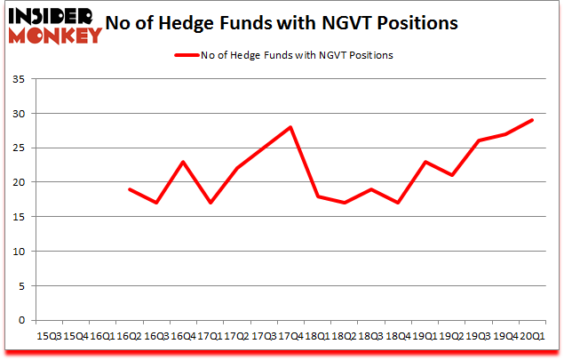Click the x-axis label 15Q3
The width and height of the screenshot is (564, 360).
pyautogui.click(x=48, y=338)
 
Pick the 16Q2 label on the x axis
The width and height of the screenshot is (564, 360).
pyautogui.click(x=130, y=338)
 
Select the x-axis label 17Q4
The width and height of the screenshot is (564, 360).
pyautogui.click(x=290, y=338)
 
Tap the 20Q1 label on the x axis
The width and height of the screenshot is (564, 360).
pyautogui.click(x=533, y=338)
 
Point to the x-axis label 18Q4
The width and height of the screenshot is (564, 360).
pyautogui.click(x=399, y=338)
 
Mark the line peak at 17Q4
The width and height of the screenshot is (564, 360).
pyautogui.click(x=290, y=128)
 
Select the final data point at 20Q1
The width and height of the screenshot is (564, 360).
pyautogui.click(x=532, y=121)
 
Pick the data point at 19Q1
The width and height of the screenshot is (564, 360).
pyautogui.click(x=425, y=162)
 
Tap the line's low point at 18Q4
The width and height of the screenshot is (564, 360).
pyautogui.click(x=397, y=203)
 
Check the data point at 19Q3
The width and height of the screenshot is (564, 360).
pyautogui.click(x=479, y=141)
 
